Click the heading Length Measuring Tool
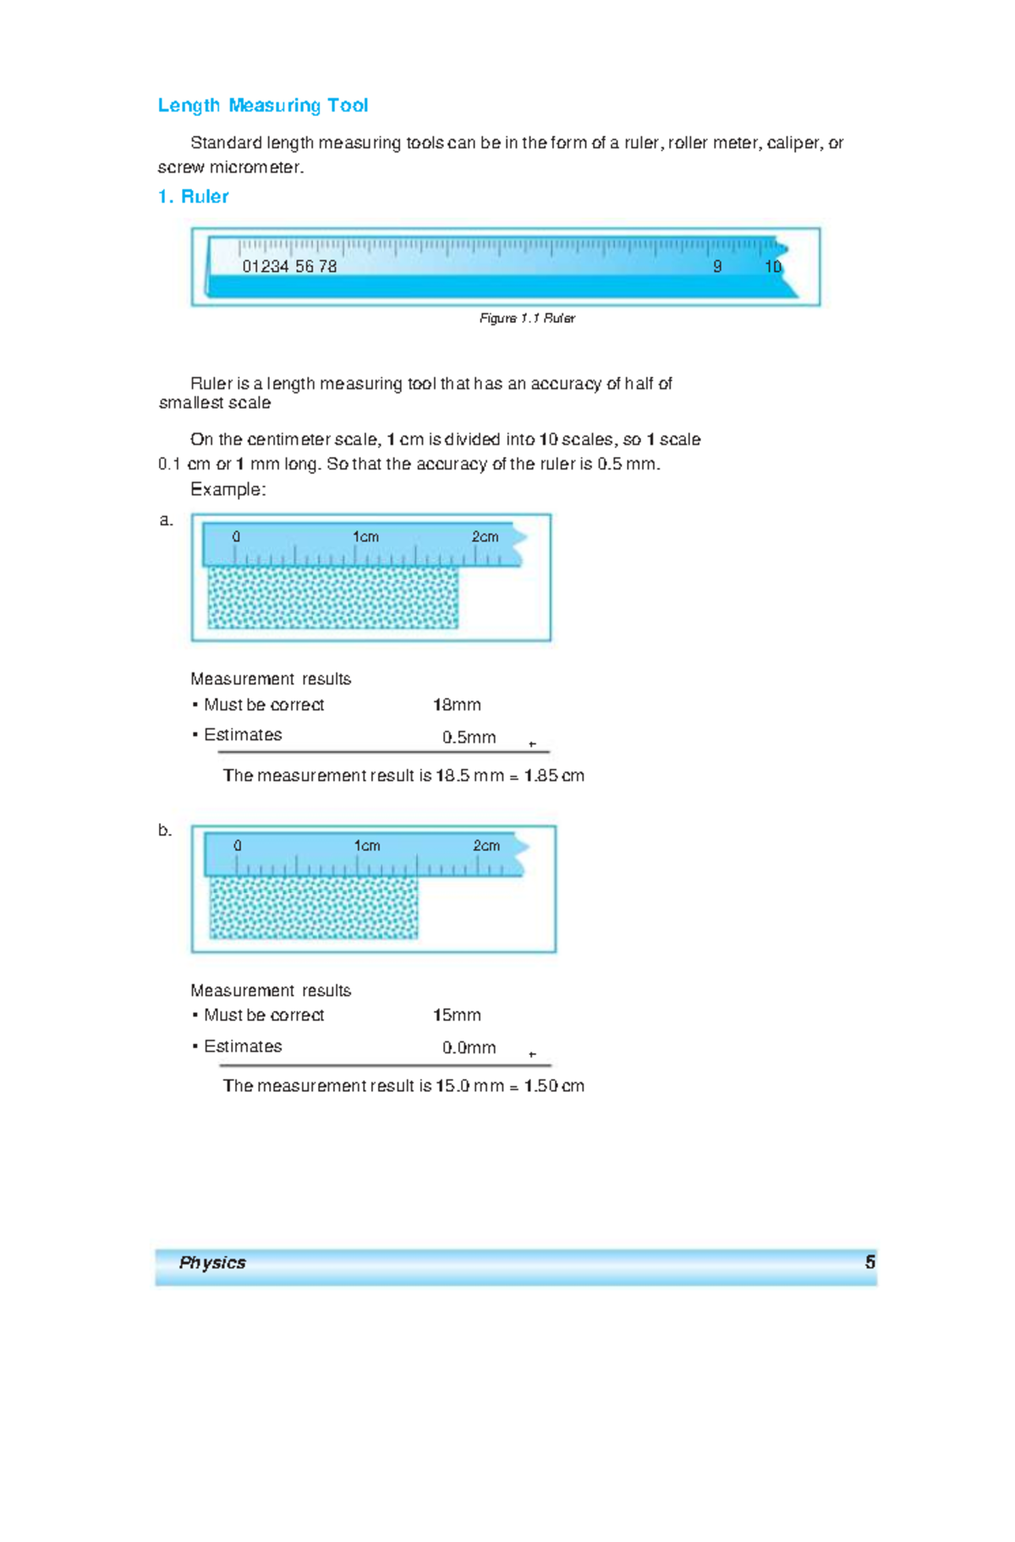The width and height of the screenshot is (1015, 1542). coord(262,106)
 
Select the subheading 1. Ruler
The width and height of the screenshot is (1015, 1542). coord(193,196)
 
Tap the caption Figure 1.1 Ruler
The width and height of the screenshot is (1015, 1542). coord(527,318)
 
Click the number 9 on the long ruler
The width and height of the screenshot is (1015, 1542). coord(717,266)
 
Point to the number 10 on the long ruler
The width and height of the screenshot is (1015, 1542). coord(772,266)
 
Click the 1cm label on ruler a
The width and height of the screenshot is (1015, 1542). coord(365,537)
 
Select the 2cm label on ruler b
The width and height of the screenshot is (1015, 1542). coord(486,846)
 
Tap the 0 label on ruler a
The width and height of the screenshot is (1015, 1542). coord(236,537)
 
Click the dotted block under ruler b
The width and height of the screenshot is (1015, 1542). coord(314,908)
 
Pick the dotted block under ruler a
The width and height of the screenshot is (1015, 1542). coord(333,597)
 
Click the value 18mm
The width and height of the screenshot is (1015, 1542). coord(457,705)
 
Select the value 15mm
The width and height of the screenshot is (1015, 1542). coord(457,1015)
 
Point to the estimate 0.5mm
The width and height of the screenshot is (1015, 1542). coord(469,738)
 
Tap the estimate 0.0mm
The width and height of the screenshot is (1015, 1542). coord(469,1048)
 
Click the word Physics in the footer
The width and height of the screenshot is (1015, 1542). coord(212,1263)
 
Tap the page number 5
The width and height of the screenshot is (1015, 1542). coord(870,1263)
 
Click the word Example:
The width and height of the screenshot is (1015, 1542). coord(228,490)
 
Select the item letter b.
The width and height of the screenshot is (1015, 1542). coord(165,830)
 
